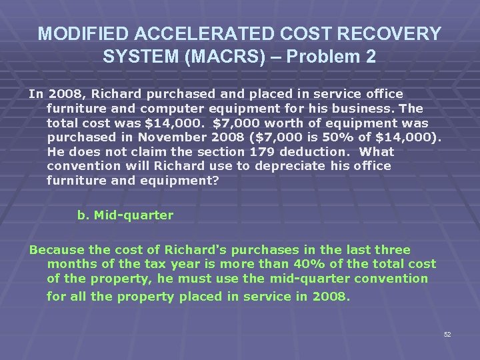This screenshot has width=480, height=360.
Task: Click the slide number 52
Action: click(x=447, y=334)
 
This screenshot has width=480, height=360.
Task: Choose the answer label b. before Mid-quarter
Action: click(x=83, y=215)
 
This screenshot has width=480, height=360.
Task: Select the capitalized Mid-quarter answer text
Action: click(x=133, y=215)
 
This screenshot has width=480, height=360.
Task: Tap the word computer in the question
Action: click(x=175, y=109)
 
